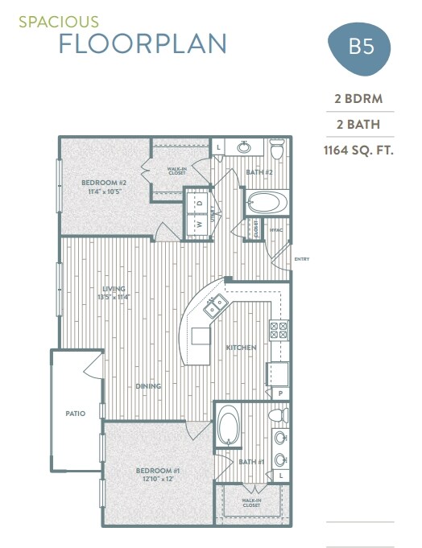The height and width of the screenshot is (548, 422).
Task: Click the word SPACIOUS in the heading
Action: pos(48,23)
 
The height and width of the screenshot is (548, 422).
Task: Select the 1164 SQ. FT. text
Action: pos(358,150)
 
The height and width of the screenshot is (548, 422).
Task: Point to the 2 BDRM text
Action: pos(358,99)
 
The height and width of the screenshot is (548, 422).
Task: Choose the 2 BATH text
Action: pos(358,125)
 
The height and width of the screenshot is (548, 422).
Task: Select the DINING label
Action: pos(148,386)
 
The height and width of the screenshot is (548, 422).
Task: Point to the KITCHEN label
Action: pos(241,348)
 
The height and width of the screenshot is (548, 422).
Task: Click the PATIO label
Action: pos(76,414)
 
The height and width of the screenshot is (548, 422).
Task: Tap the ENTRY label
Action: pos(302,259)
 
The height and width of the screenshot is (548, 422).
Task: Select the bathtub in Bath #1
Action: pos(228,426)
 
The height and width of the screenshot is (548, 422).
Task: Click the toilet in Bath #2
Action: pos(277,150)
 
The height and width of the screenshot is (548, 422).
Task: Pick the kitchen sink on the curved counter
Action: pos(215,306)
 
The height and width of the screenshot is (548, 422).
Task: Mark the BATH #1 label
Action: pos(251,462)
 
